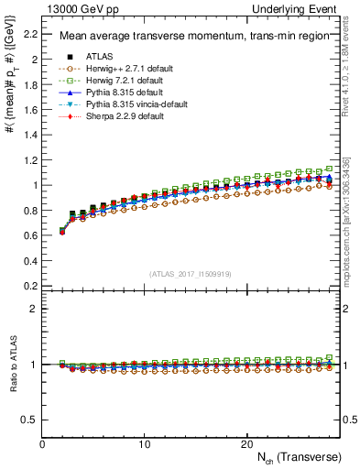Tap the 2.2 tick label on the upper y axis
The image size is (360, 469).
click(x=29, y=35)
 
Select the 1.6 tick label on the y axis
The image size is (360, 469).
click(x=29, y=110)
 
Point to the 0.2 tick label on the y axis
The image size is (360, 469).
click(x=29, y=285)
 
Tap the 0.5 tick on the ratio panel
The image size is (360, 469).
click(x=29, y=420)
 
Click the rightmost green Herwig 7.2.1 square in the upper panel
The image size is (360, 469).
click(x=329, y=169)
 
